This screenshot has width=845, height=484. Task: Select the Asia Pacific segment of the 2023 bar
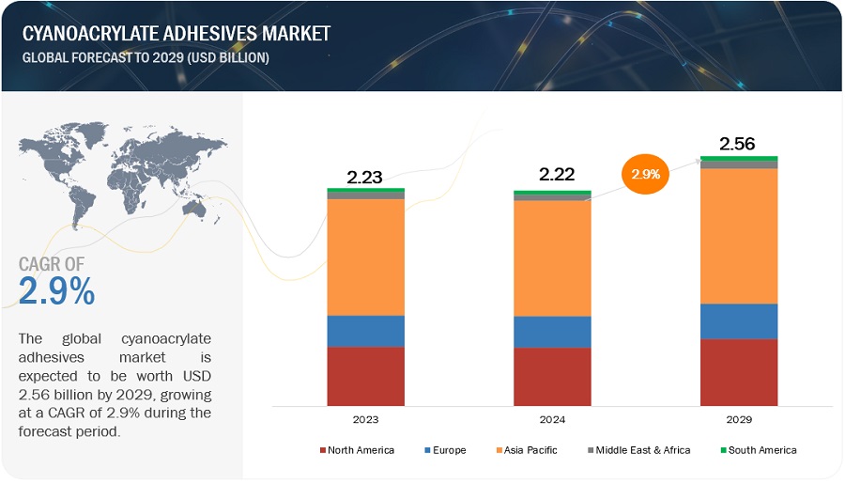click(x=365, y=257)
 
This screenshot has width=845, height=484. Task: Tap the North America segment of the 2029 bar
click(x=739, y=372)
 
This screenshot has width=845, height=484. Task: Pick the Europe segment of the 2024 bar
click(x=552, y=332)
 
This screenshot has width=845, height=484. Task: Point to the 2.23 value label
click(x=365, y=176)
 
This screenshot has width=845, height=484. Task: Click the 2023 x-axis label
click(x=365, y=420)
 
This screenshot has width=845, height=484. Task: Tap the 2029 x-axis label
click(x=739, y=420)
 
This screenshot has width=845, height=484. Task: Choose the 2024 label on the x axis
click(x=552, y=420)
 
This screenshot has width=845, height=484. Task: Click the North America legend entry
click(x=357, y=450)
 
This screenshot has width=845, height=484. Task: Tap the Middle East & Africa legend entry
click(x=637, y=450)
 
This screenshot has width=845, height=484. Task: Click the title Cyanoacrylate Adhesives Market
click(x=177, y=35)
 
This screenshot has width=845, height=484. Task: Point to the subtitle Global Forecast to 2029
click(x=147, y=57)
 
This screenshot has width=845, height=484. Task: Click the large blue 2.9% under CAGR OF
click(x=56, y=292)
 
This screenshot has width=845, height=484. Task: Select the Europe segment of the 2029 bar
click(x=739, y=321)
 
